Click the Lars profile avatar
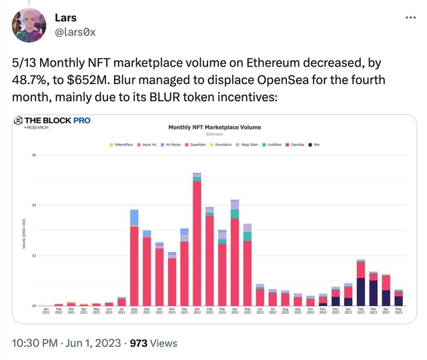pos(29,26)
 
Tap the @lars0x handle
pos(75,31)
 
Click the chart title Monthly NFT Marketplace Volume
pos(215,127)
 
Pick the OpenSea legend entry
pos(296,144)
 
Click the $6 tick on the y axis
pos(33,155)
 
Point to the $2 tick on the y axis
pos(33,255)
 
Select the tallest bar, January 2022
pos(197,240)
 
